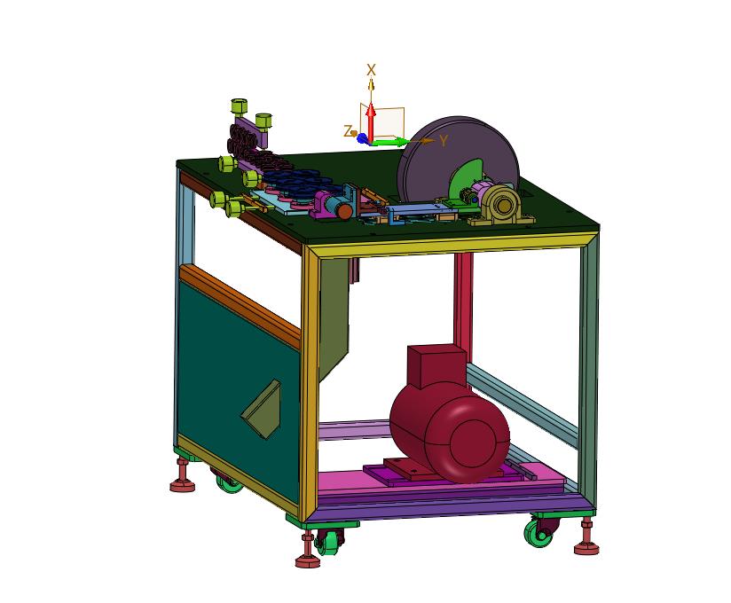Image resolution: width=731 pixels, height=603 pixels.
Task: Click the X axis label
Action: [x=371, y=70]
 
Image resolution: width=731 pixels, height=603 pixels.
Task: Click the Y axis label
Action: [x=444, y=140]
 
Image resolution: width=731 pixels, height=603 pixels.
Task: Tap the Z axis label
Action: [x=348, y=131]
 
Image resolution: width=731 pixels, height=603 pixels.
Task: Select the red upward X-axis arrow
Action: [x=371, y=122]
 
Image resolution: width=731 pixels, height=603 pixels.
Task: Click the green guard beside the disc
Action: [x=467, y=179]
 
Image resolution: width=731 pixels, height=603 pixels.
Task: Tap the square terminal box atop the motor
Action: [x=436, y=366]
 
